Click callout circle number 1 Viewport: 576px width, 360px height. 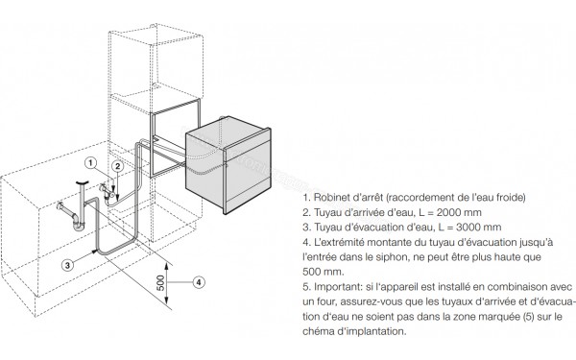(91, 163)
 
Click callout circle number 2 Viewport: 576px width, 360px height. (117, 166)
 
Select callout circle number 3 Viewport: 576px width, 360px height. (67, 265)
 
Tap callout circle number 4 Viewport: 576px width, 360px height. (199, 282)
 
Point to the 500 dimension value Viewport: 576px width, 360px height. (161, 282)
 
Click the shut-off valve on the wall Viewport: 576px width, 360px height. (108, 190)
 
